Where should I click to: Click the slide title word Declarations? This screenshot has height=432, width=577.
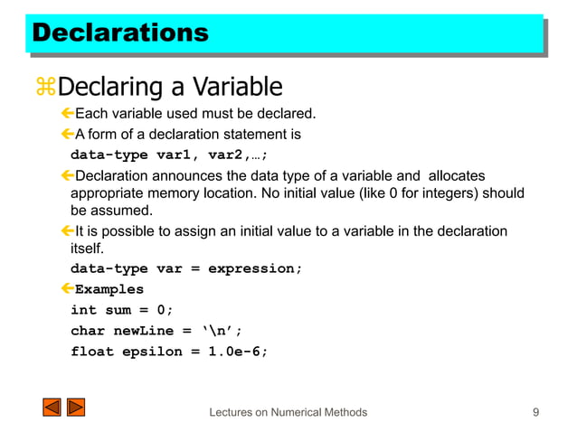(x=119, y=34)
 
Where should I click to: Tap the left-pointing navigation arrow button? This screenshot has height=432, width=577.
(x=51, y=408)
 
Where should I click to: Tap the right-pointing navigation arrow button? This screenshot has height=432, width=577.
(x=76, y=408)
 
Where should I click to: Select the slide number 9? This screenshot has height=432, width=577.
(x=536, y=412)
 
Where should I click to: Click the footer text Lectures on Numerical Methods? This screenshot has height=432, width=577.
(x=288, y=412)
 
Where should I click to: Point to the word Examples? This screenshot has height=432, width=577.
(x=109, y=290)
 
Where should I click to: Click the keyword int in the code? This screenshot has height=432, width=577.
(x=84, y=311)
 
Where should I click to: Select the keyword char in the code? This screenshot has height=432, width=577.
(x=88, y=331)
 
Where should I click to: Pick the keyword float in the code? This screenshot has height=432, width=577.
(x=93, y=352)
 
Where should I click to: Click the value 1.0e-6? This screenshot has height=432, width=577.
(x=239, y=352)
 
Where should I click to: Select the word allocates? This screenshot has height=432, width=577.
(x=457, y=175)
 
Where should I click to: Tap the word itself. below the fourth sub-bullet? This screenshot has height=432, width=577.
(x=88, y=249)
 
